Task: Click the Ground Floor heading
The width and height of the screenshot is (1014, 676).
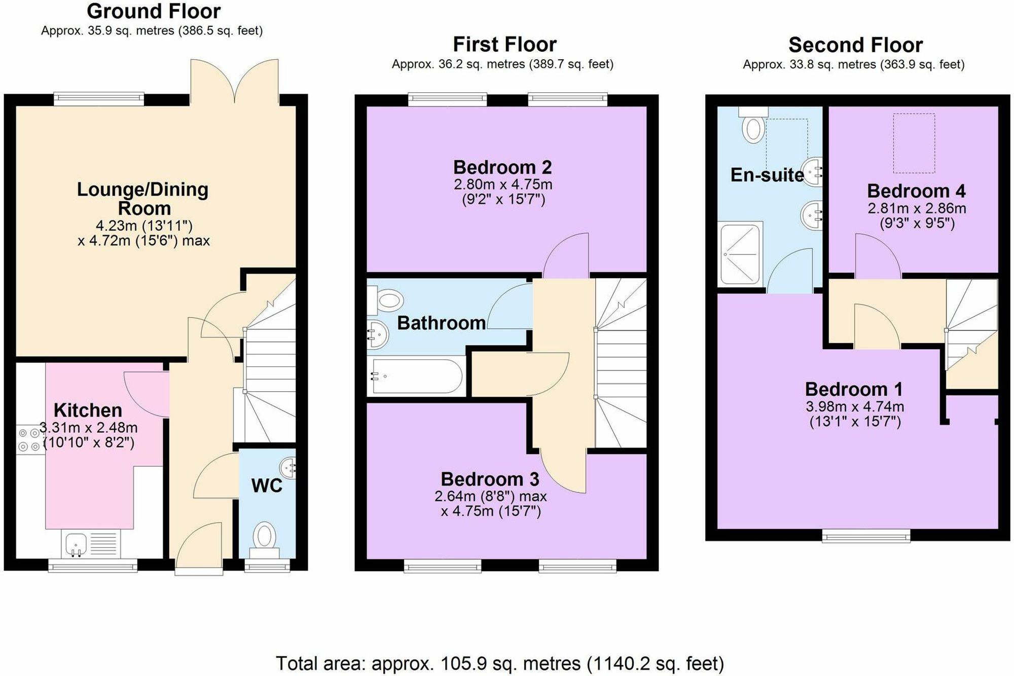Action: point(154,11)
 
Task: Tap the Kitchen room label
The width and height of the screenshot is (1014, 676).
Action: point(88,410)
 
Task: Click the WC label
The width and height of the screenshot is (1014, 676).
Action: point(267,485)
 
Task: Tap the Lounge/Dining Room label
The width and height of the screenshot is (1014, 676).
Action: point(142,199)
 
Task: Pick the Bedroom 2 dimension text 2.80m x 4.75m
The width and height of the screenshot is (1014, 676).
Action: point(503,184)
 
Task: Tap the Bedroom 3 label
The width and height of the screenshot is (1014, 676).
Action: point(490,479)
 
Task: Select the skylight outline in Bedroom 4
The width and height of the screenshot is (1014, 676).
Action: point(914,143)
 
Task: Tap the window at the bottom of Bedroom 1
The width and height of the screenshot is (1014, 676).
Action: point(865,536)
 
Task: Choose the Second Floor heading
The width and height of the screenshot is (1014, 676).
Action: point(855,45)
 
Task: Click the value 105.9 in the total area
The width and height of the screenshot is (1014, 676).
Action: point(459,663)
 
